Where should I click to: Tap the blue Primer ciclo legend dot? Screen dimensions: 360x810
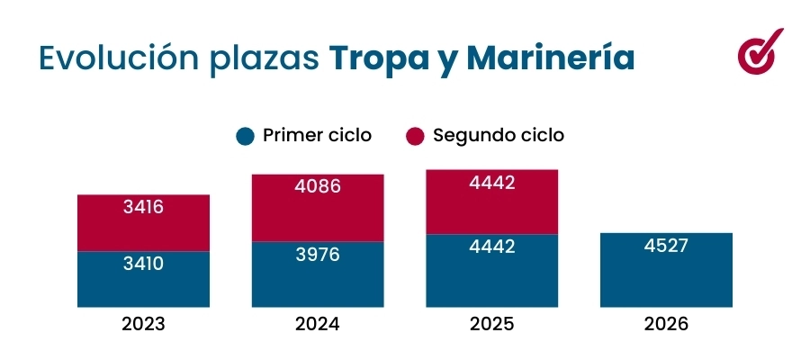[x=244, y=136]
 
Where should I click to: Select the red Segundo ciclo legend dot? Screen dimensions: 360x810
[x=414, y=136]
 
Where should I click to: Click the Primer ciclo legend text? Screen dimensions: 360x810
[x=317, y=135]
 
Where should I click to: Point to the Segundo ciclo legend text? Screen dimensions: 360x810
[x=499, y=135]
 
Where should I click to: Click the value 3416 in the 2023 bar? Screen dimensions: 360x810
[x=143, y=208]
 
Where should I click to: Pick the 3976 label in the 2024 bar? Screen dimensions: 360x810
[x=318, y=255]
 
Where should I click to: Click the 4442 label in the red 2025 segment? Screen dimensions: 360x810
[x=492, y=183]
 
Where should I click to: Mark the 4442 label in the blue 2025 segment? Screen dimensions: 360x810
[x=492, y=247]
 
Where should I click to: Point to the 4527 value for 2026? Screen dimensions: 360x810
[x=666, y=246]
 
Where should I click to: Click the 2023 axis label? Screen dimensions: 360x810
[x=143, y=324]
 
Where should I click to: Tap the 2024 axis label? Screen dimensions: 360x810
[x=318, y=324]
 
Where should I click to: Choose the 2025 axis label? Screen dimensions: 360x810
[x=492, y=324]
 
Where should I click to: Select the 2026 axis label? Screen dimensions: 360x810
[x=666, y=324]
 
